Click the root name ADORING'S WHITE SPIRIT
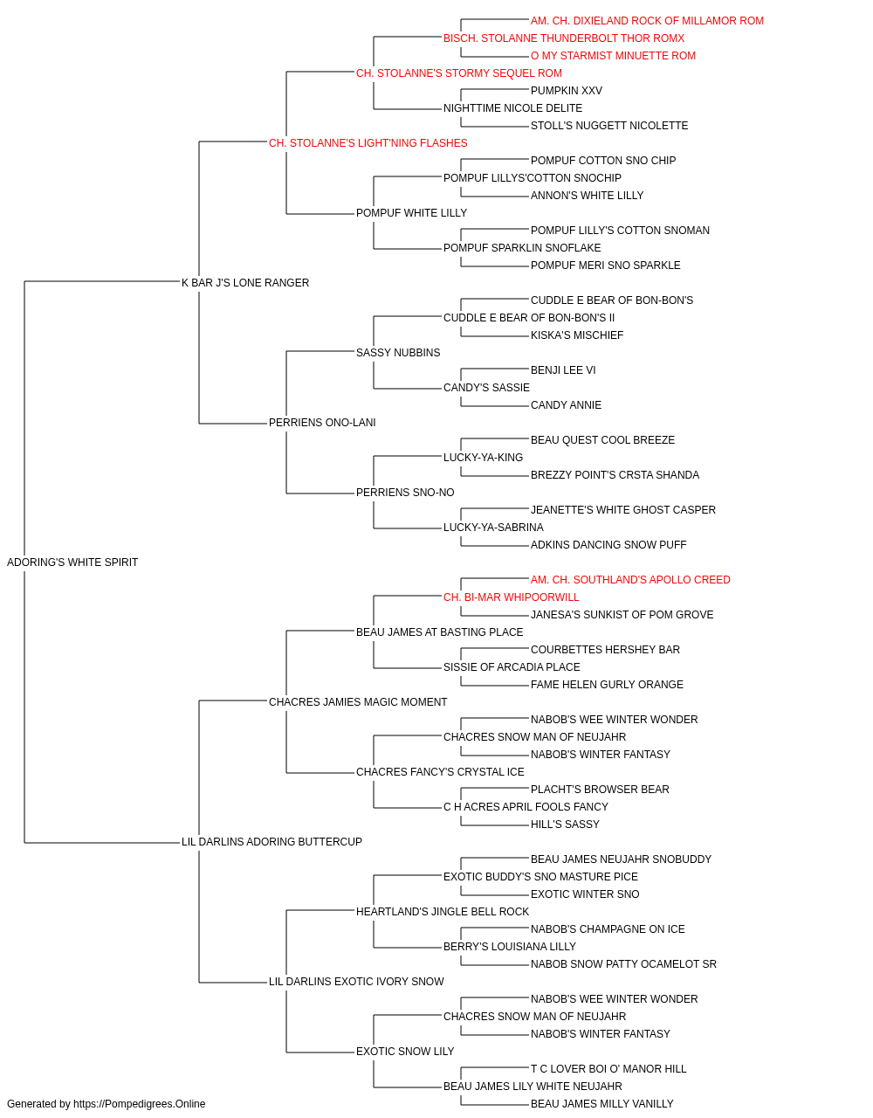coord(72,562)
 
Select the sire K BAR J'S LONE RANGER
coord(245,282)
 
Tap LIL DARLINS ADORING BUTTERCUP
coord(272,842)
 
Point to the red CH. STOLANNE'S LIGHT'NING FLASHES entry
coord(368,143)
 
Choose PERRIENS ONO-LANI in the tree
coord(322,423)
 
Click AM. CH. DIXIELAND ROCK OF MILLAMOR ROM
coord(647,21)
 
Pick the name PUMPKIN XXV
coord(567,91)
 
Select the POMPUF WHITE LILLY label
coord(412,213)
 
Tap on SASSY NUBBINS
coord(398,352)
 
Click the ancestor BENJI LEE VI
coord(563,370)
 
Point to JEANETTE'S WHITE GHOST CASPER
coord(623,510)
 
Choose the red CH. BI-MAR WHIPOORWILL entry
coord(512,597)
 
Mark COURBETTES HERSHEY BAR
coord(606,650)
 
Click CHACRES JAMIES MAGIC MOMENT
coord(358,702)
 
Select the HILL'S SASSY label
coord(565,825)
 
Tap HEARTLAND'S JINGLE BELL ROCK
coord(443,912)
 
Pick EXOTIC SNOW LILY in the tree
coord(405,1052)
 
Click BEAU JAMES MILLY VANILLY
coord(602,1104)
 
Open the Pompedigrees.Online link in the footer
coord(140,1104)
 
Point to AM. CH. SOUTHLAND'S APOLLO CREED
coord(630,580)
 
